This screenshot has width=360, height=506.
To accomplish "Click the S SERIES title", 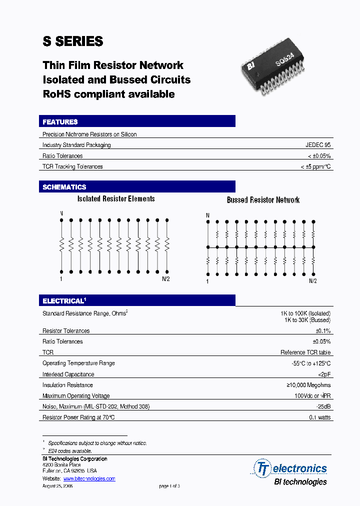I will (x=73, y=41).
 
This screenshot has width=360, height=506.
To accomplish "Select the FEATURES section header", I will (x=60, y=122).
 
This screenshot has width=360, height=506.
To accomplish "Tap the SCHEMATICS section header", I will (x=64, y=187).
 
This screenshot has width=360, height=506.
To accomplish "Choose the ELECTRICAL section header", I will (x=64, y=301).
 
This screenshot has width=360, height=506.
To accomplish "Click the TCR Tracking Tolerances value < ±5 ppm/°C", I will (x=315, y=166).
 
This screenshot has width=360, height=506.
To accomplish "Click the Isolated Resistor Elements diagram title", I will (x=116, y=199).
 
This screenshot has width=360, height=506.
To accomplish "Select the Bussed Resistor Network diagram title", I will (x=263, y=200).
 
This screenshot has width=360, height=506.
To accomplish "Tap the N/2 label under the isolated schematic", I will (x=166, y=279).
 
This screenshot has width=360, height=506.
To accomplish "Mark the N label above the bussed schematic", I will (x=207, y=215).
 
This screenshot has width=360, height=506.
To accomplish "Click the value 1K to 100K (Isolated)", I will (x=305, y=313).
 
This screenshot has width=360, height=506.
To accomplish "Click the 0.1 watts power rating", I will (x=320, y=417).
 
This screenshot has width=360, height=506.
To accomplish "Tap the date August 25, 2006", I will (x=58, y=486).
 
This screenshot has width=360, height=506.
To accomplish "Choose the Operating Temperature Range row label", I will (x=78, y=363).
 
